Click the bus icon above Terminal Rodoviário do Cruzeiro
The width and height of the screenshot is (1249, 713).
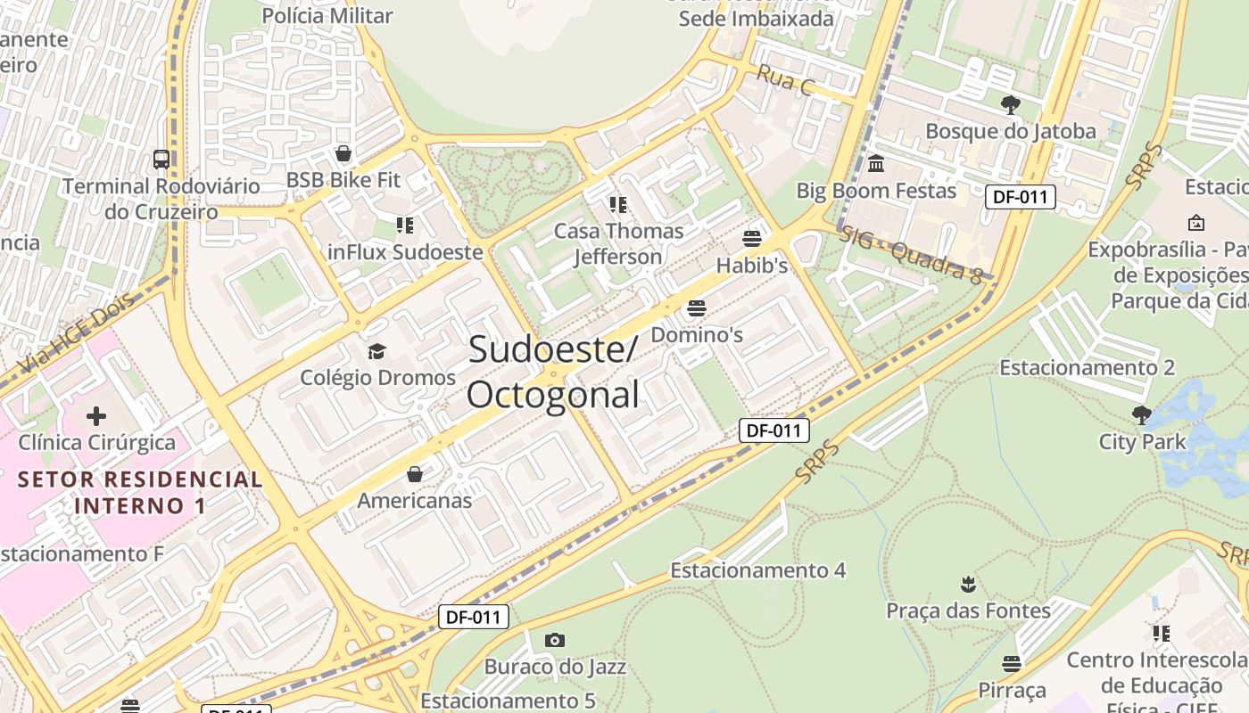(x=161, y=160)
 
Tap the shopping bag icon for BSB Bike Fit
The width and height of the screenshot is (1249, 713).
(x=343, y=153)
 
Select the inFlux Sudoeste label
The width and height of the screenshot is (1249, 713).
(x=405, y=252)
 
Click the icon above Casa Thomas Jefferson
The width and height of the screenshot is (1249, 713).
(x=618, y=205)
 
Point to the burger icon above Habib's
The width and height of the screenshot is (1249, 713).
(x=751, y=239)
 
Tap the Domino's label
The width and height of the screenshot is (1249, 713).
(x=697, y=335)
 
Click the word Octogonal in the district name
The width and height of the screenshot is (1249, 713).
(x=553, y=394)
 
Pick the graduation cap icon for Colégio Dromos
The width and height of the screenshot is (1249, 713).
(x=376, y=351)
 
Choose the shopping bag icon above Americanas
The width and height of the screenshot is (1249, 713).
(x=414, y=474)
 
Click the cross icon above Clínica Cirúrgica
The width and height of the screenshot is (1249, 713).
(x=96, y=415)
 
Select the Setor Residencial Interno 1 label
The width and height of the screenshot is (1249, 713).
(x=140, y=493)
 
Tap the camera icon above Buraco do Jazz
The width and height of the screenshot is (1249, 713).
(x=554, y=640)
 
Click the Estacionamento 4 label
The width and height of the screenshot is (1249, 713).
(x=757, y=570)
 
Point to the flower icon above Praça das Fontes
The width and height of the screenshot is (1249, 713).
(x=968, y=585)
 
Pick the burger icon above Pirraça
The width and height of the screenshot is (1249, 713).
(x=1011, y=664)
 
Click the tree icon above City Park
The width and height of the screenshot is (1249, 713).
(x=1141, y=415)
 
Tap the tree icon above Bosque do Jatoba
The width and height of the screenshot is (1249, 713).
(x=1010, y=105)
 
